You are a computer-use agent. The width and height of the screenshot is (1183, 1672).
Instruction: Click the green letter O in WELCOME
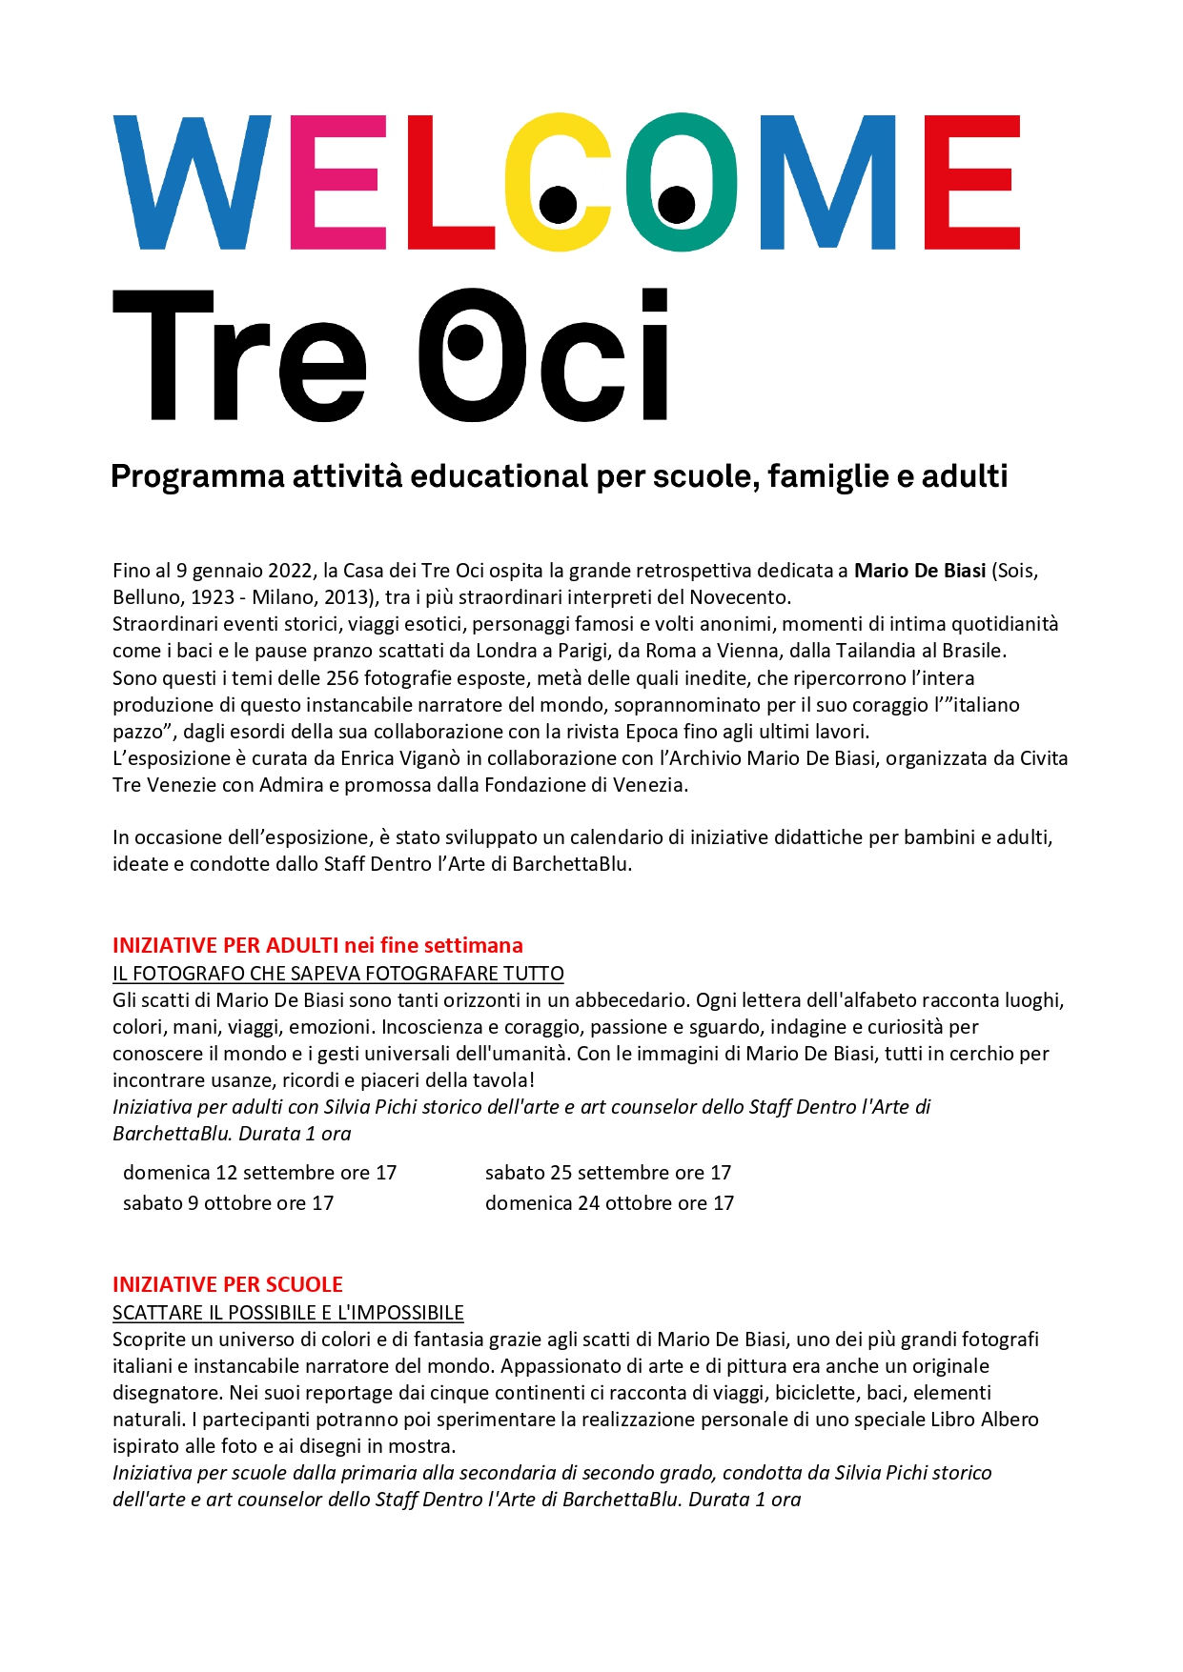(x=680, y=182)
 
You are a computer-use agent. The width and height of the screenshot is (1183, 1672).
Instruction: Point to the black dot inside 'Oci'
(x=466, y=345)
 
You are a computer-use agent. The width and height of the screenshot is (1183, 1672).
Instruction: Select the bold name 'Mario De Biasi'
(x=919, y=571)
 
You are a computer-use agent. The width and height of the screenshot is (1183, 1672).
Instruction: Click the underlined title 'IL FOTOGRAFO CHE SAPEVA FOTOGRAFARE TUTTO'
(x=338, y=974)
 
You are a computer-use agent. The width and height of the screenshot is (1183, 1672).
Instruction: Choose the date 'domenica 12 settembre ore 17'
(x=259, y=1173)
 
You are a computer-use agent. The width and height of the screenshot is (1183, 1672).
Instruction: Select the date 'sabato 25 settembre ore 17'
(x=608, y=1173)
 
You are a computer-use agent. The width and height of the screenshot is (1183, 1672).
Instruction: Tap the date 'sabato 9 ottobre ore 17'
(x=229, y=1203)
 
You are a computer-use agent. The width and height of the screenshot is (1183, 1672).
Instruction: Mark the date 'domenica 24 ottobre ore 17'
(x=610, y=1203)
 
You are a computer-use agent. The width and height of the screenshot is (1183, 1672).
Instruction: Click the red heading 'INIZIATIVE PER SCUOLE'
(x=228, y=1284)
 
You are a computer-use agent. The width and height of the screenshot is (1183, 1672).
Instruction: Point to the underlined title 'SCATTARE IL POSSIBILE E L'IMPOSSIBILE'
(x=288, y=1313)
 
